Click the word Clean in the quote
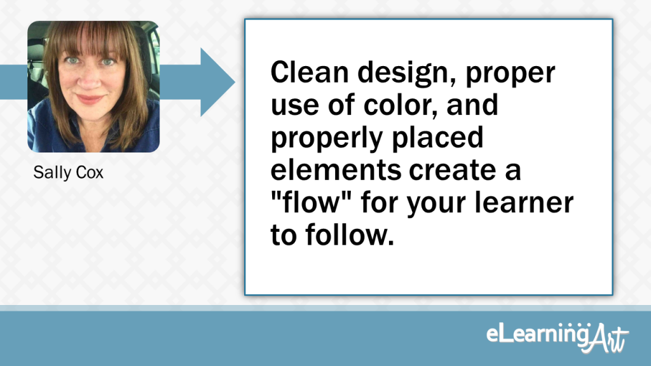coord(310,72)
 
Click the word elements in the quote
coord(336,170)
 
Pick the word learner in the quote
coord(524,202)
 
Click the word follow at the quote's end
coord(350,234)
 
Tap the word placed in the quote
coord(437,137)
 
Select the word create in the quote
coord(453,170)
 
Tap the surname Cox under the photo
coord(90,173)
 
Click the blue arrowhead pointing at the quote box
coord(217,82)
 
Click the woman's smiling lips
coord(90,99)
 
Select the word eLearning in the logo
coord(538,334)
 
